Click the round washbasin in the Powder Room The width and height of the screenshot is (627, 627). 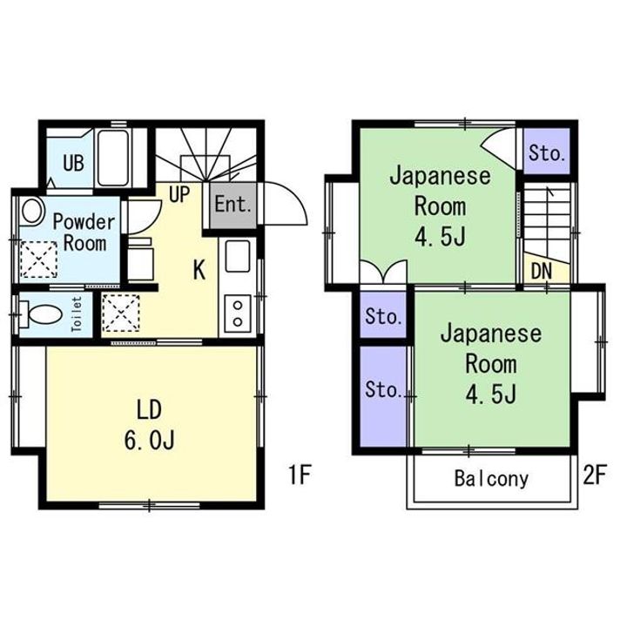(32, 211)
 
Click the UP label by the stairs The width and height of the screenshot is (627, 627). (180, 194)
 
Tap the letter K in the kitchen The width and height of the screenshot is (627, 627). (199, 270)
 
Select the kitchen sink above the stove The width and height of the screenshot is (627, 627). (236, 257)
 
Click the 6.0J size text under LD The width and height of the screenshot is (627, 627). (150, 440)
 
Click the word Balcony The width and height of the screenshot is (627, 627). (491, 478)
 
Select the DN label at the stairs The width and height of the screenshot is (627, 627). (542, 271)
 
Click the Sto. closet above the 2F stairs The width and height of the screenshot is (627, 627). (547, 154)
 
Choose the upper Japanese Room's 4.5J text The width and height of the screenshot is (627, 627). (440, 238)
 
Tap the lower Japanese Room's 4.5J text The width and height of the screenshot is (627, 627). (490, 394)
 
